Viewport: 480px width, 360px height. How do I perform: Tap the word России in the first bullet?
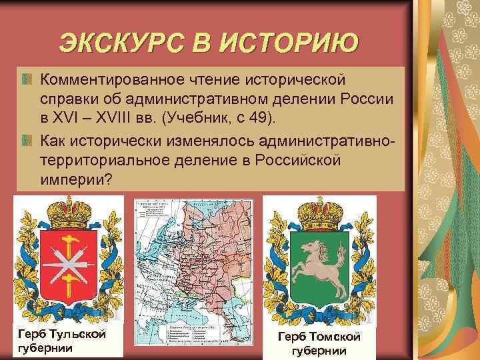(x=367, y=99)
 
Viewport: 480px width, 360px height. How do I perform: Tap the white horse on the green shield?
(x=319, y=266)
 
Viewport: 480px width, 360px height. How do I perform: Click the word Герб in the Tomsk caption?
(x=293, y=337)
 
